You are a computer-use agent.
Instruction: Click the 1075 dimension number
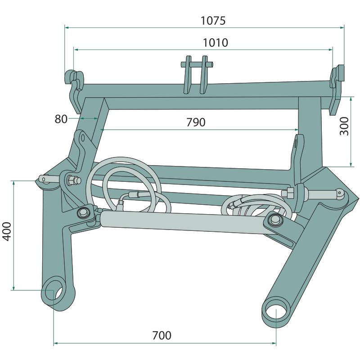(213, 20)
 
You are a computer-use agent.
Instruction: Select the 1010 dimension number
(216, 43)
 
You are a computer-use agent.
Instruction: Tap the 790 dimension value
(196, 122)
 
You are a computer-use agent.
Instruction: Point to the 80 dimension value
(61, 119)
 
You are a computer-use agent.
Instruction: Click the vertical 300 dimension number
(344, 126)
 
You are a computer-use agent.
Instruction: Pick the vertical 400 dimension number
(7, 231)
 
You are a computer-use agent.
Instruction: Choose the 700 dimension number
(162, 335)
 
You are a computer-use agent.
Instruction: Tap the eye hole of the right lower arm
(275, 310)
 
